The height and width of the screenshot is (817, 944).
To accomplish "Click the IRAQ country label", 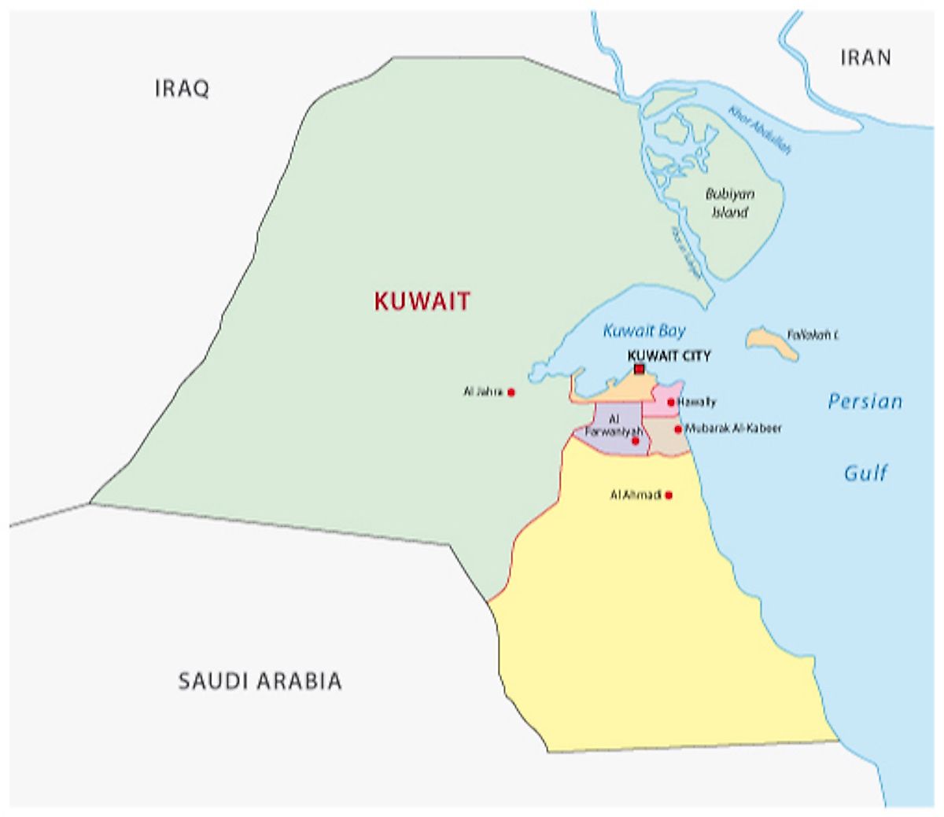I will tap(182, 88).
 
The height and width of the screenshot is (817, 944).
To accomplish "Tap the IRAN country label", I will tap(865, 57).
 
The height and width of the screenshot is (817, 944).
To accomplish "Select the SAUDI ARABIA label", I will tap(260, 680).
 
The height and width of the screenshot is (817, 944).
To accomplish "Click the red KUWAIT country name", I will tap(422, 301).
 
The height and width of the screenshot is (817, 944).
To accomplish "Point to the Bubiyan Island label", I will tap(728, 203).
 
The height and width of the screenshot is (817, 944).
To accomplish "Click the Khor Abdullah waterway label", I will tap(759, 129).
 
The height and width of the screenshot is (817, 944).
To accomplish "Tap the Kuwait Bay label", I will tap(644, 331).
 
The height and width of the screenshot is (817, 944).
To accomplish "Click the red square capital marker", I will tap(639, 369).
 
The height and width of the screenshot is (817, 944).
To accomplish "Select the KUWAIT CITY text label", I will tap(669, 356).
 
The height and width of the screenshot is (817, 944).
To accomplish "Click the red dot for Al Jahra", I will tap(511, 392).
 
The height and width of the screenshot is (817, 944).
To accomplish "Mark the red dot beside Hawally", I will tap(671, 403).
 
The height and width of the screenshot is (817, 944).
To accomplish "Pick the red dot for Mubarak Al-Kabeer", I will tap(677, 429).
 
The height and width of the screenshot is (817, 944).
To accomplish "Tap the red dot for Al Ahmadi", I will tap(669, 495).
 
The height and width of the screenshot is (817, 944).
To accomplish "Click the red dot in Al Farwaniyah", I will tap(635, 441).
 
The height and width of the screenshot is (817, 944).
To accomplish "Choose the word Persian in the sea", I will tap(865, 402).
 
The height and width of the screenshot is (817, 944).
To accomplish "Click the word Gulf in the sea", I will tap(865, 473).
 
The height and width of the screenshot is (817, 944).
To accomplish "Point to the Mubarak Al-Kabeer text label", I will tap(733, 429).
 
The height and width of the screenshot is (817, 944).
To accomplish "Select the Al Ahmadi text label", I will tap(636, 495).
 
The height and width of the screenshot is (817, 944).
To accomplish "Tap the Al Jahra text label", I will tap(482, 392).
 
